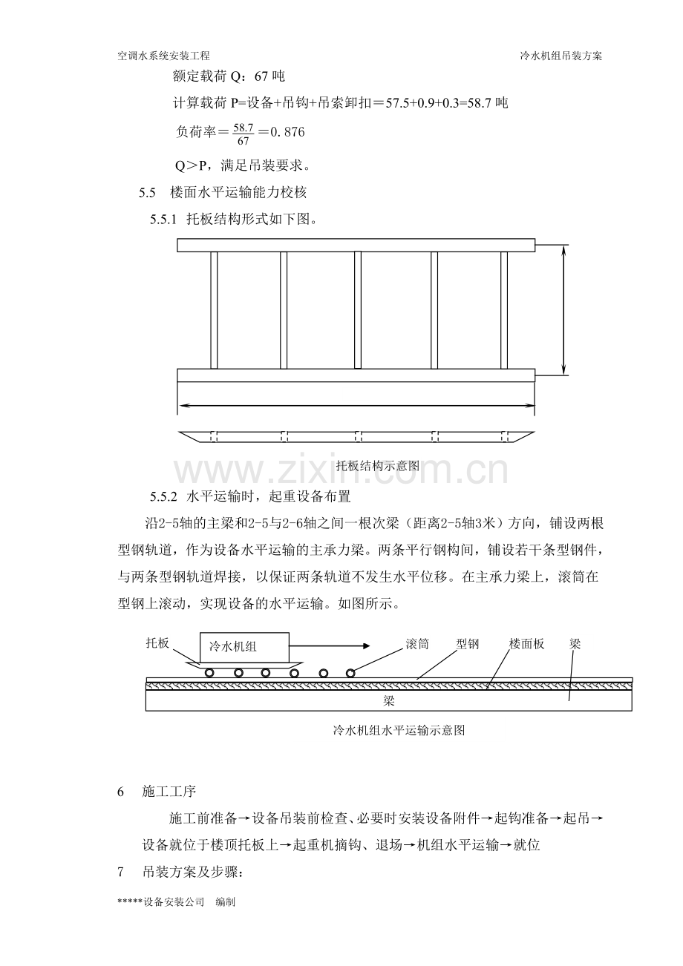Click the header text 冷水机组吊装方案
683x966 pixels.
561,56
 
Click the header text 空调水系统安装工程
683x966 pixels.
163,56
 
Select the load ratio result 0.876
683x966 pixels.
287,131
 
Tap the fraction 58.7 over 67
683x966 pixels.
244,134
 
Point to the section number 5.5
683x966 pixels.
147,192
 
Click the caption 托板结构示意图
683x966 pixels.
378,465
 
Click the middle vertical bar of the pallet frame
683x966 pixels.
358,310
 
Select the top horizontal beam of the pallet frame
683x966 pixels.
356,245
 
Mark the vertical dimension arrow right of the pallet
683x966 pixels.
563,309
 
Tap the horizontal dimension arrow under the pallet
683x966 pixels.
356,405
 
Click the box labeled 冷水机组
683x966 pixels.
244,647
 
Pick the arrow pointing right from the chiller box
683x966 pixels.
330,645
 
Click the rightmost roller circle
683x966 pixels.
350,673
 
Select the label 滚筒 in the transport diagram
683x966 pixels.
417,644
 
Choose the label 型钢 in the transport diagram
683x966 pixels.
468,644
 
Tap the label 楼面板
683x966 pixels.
526,644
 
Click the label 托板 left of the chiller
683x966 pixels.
157,643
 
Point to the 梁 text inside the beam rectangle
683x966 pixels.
389,701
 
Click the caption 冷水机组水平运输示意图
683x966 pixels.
399,730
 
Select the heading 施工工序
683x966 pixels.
169,792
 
